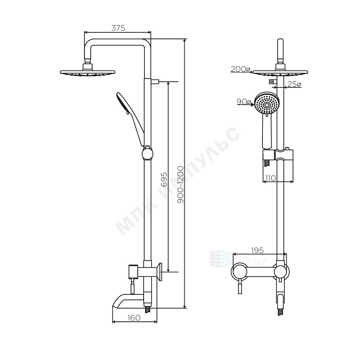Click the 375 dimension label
click(118, 28)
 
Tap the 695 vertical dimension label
click(164, 180)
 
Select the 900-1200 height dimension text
click(180, 185)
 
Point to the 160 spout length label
click(134, 318)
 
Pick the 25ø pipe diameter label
click(294, 84)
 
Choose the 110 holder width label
click(270, 178)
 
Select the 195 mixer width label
click(257, 251)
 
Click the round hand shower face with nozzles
click(267, 103)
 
